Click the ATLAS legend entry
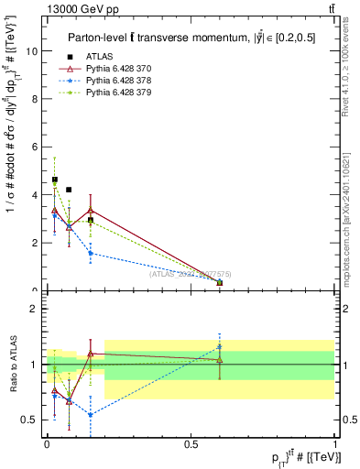click(x=100, y=56)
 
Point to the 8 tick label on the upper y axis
click(x=34, y=99)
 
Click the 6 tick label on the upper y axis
click(x=34, y=147)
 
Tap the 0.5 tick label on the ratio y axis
click(x=29, y=420)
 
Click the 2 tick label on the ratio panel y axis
click(x=34, y=309)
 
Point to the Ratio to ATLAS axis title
click(x=13, y=364)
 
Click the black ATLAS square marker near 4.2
click(x=69, y=190)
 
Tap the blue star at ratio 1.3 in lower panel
click(x=220, y=346)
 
